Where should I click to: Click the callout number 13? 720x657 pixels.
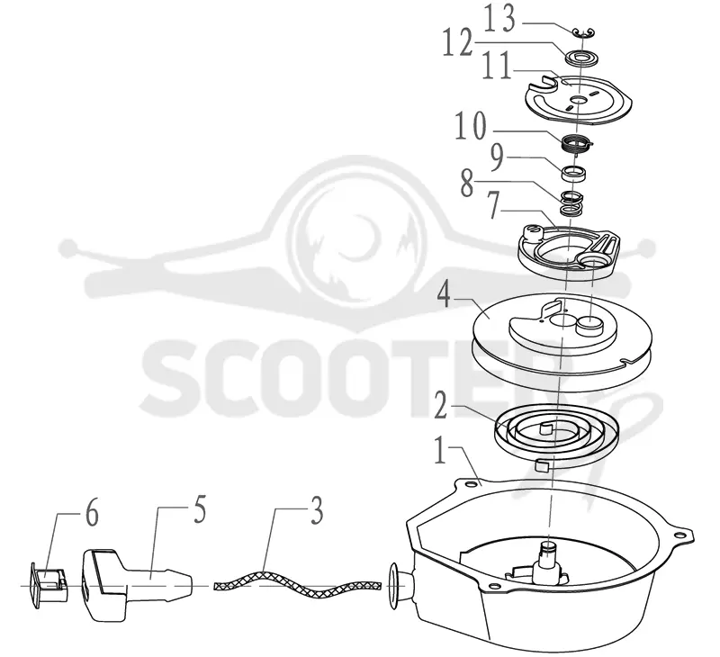click(500, 19)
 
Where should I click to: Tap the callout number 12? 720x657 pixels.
click(458, 42)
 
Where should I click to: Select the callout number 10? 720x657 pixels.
click(471, 126)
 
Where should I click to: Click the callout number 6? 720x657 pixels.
click(93, 514)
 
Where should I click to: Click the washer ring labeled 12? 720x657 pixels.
click(582, 58)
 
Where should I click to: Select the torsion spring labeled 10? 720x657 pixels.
click(577, 143)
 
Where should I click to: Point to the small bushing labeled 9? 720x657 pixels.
click(574, 175)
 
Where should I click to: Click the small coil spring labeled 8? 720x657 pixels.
click(571, 203)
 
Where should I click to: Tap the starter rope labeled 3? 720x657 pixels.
click(298, 584)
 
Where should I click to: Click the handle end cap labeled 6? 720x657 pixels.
click(49, 584)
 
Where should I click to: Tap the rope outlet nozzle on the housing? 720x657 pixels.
click(400, 586)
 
